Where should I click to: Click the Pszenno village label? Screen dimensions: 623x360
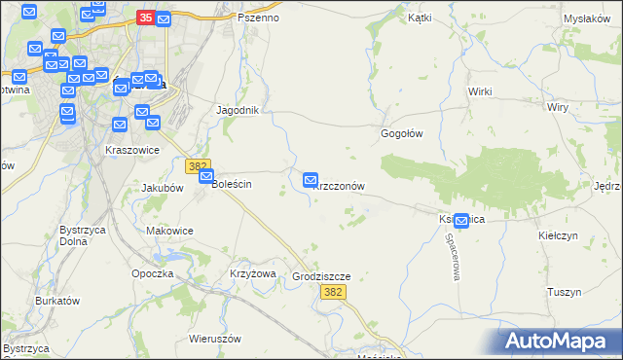pyautogui.click(x=258, y=18)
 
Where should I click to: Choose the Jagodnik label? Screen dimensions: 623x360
pyautogui.click(x=238, y=110)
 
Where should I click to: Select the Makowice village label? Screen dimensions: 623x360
pyautogui.click(x=169, y=231)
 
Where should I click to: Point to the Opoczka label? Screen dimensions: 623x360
pyautogui.click(x=152, y=273)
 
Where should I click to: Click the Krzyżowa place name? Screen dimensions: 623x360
pyautogui.click(x=253, y=273)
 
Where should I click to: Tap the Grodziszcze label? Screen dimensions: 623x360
pyautogui.click(x=321, y=276)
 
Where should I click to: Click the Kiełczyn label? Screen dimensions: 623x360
pyautogui.click(x=559, y=235)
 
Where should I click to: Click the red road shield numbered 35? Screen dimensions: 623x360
pyautogui.click(x=146, y=18)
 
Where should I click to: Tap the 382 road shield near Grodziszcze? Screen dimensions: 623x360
pyautogui.click(x=333, y=292)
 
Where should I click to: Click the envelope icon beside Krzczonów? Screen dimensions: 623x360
pyautogui.click(x=311, y=180)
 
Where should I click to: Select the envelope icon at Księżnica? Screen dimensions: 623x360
pyautogui.click(x=460, y=222)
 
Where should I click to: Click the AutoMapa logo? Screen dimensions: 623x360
pyautogui.click(x=560, y=341)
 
